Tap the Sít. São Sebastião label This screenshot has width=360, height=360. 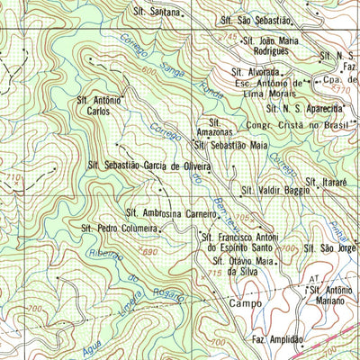[256, 19]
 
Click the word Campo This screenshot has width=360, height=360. [244, 303]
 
